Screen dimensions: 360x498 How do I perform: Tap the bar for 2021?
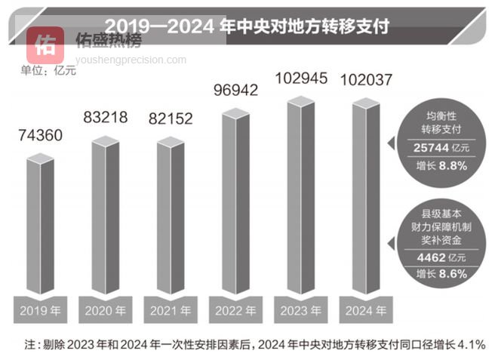[x=170, y=219]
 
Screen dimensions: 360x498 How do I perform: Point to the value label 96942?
[x=235, y=91]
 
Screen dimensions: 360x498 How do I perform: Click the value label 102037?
[x=364, y=78]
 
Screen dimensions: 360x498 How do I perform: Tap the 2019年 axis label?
[x=40, y=310]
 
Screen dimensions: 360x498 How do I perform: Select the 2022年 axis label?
[x=235, y=310]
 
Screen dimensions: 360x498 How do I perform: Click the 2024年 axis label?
[x=364, y=310]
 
